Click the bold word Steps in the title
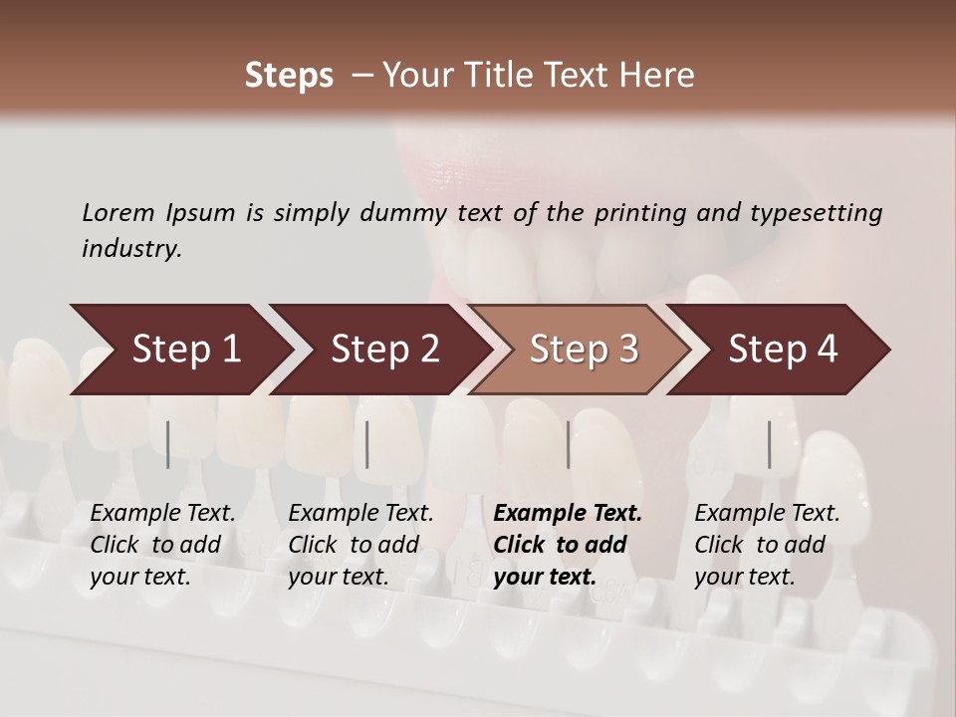point(289,76)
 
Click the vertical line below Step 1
point(168,444)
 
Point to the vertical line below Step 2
point(367,444)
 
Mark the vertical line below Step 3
point(569,444)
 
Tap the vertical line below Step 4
point(769,444)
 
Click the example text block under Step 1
point(162,545)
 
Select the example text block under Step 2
point(360,545)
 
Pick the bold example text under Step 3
point(568,545)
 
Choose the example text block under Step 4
point(767,545)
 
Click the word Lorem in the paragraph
point(118,213)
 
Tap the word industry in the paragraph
point(131,249)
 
